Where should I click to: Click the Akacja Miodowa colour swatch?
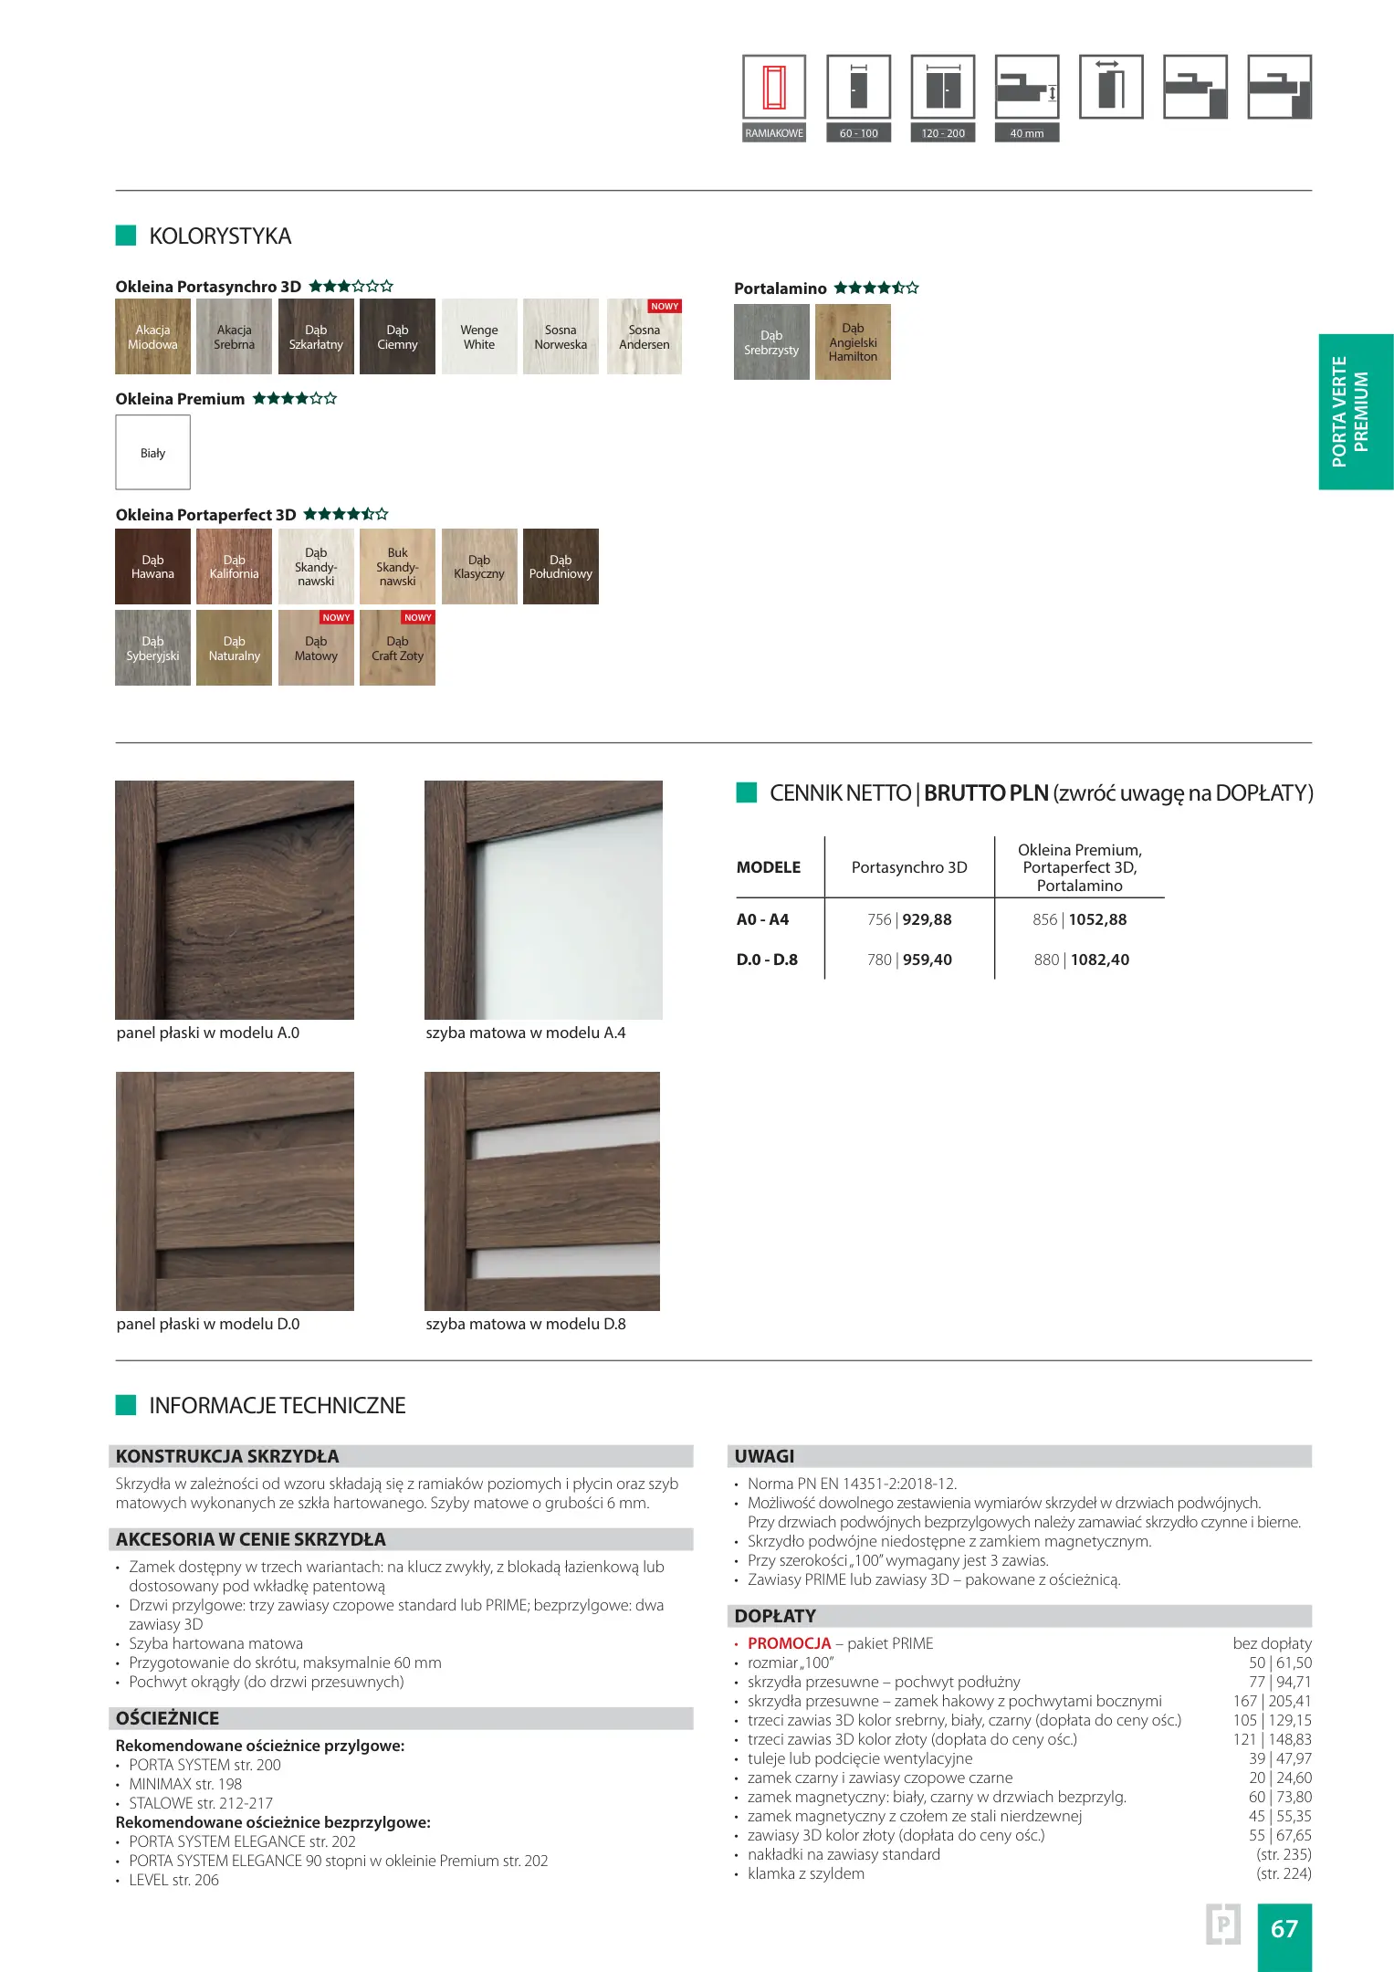pos(152,337)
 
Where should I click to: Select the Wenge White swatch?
pos(478,337)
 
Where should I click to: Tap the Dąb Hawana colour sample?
pos(152,566)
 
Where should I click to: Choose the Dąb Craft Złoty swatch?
pos(397,648)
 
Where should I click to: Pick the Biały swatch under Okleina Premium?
pos(152,453)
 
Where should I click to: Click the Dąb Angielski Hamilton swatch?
pos(853,342)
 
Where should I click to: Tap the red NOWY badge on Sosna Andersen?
pos(665,307)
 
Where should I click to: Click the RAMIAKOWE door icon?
pos(774,88)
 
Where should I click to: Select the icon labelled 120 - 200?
pos(943,88)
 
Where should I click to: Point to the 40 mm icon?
pos(1027,88)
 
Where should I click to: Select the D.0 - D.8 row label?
pos(767,960)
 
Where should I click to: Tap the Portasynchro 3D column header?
pos(909,867)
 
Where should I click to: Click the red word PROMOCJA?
pos(789,1643)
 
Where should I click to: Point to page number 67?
pos(1284,1928)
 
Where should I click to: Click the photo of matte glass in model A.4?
pos(543,899)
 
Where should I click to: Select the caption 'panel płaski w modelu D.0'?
pos(208,1324)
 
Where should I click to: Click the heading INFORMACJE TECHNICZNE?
pos(278,1405)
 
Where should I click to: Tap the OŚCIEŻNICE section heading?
pos(168,1718)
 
